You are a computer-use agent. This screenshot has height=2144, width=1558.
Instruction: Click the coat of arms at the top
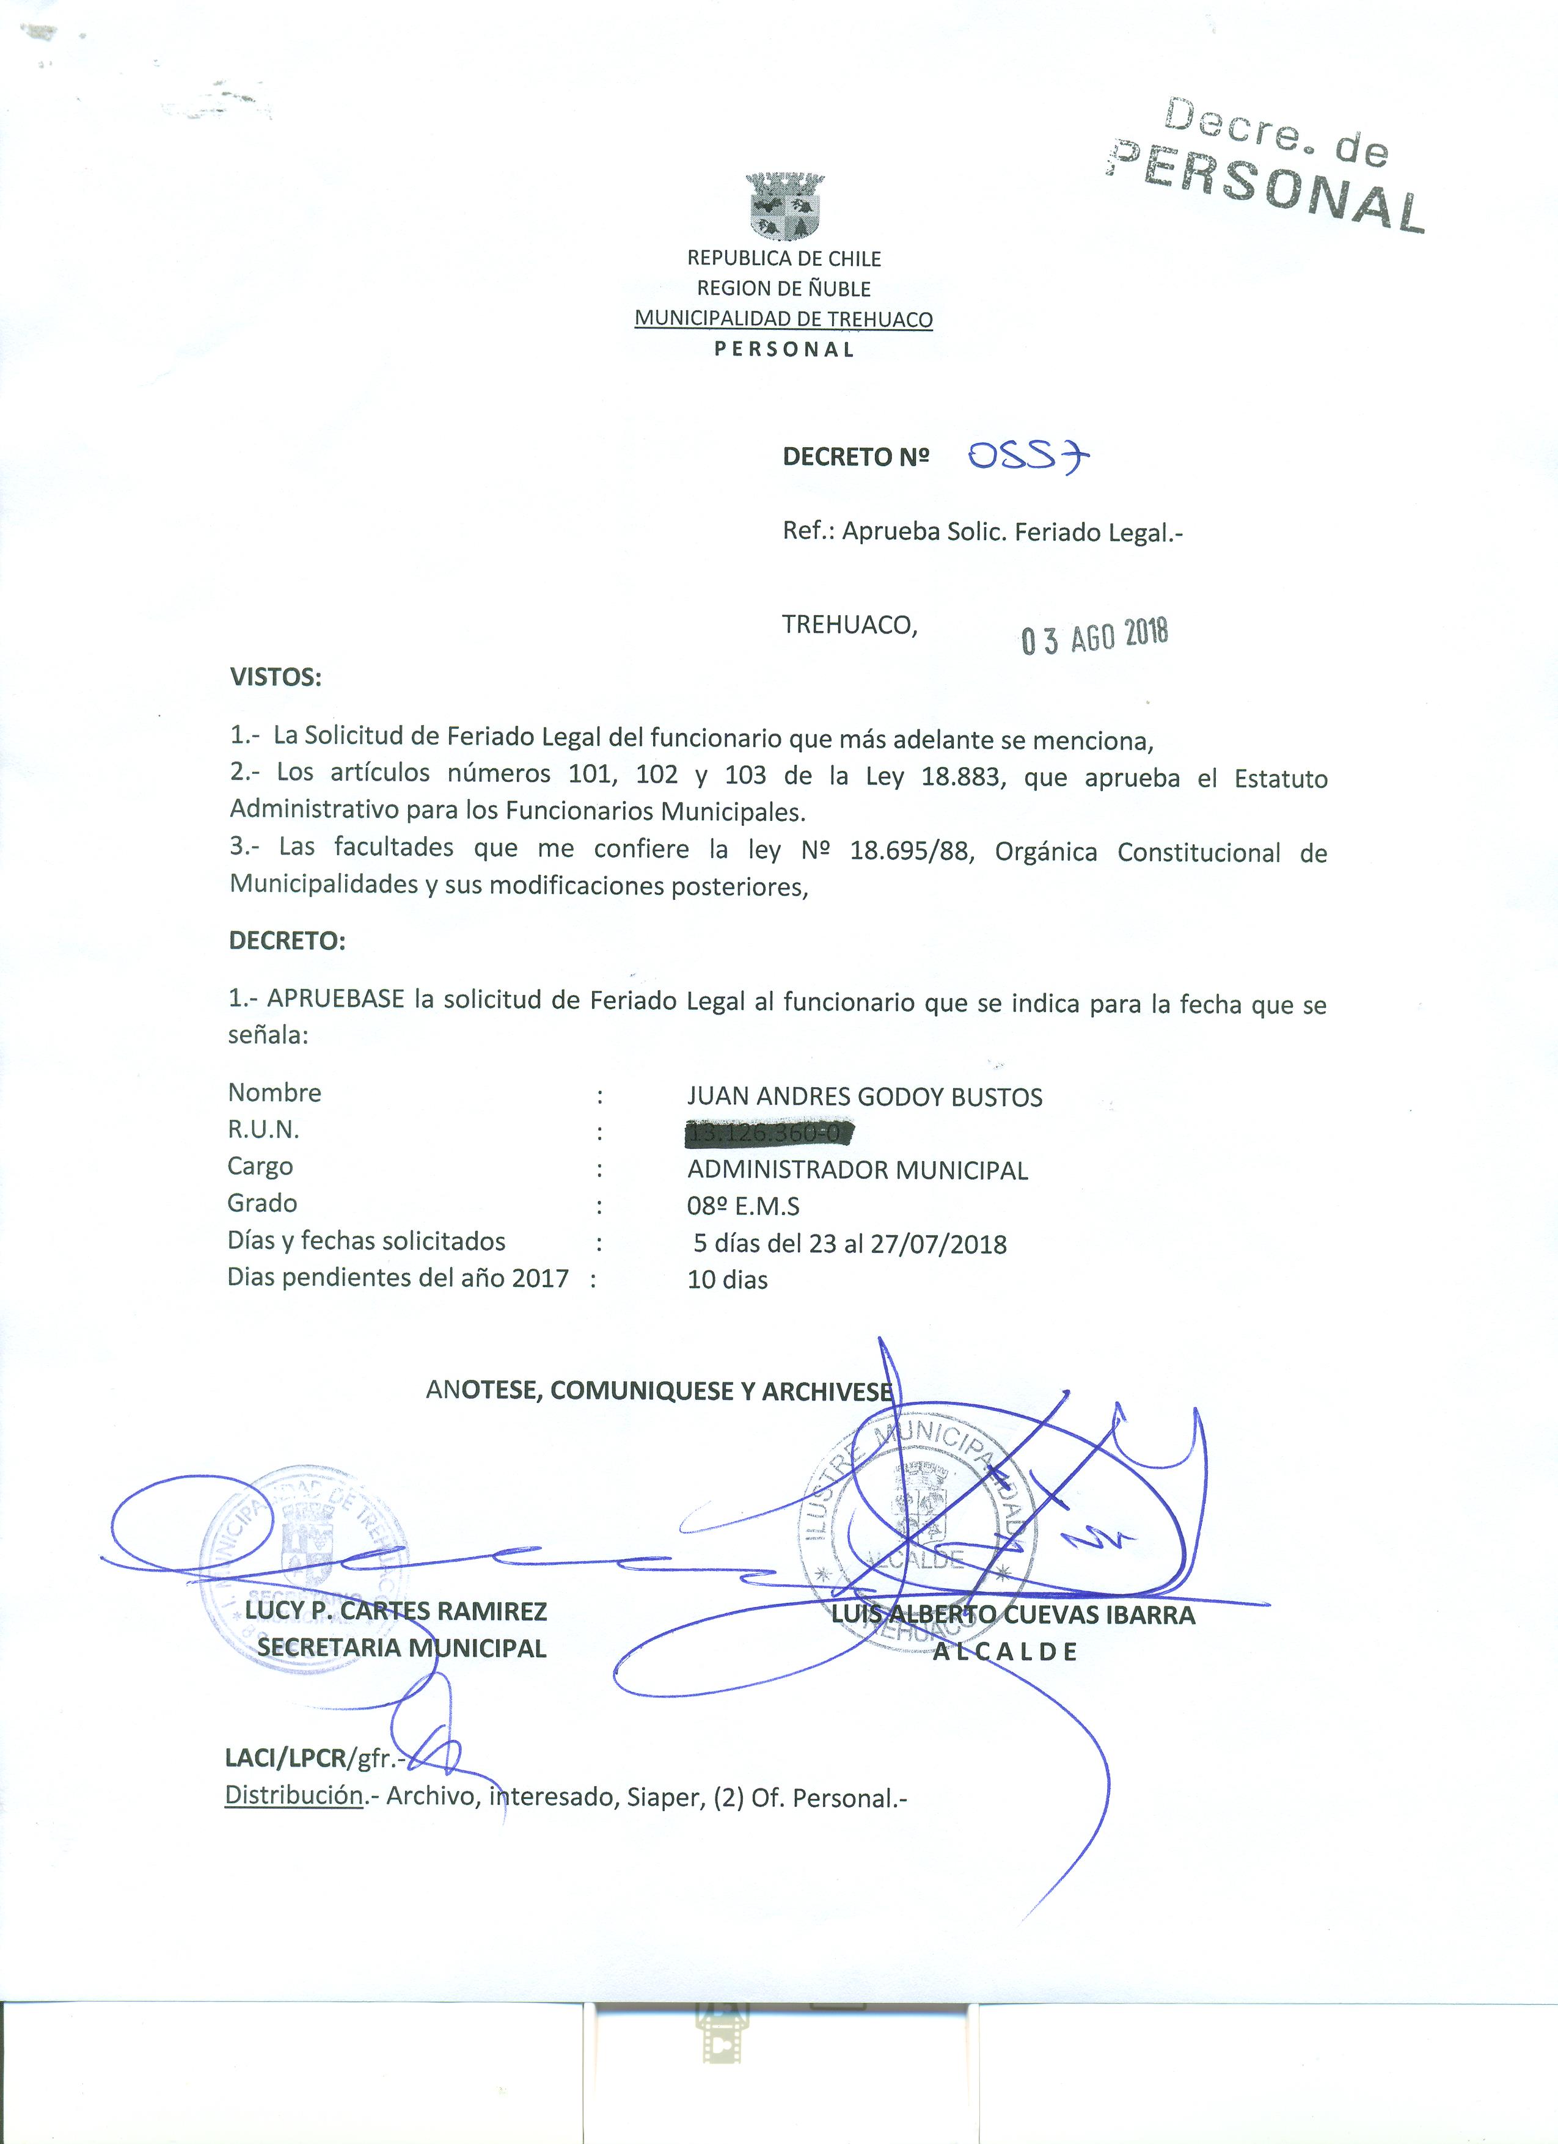click(x=784, y=204)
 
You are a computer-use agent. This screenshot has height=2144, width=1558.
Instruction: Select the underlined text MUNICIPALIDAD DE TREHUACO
click(x=783, y=319)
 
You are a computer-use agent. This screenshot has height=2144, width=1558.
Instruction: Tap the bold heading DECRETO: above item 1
click(x=287, y=941)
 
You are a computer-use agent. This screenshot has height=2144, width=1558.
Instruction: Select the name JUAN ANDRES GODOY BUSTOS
click(x=864, y=1098)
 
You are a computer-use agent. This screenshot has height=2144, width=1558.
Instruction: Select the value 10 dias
click(x=728, y=1281)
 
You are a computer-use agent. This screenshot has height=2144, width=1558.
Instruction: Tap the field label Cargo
click(x=260, y=1167)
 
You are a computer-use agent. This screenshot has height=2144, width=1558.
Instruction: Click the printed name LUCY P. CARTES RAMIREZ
click(x=396, y=1611)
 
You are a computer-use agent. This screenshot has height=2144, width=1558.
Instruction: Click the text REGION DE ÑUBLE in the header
click(x=784, y=288)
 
